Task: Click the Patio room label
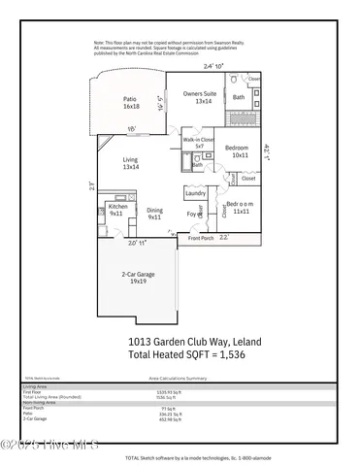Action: tap(131, 102)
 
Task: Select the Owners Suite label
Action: tap(204, 97)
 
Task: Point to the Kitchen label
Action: tap(118, 210)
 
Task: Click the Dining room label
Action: tap(154, 214)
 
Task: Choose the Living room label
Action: tap(130, 164)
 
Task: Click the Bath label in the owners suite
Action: tap(239, 97)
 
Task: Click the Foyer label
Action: tap(191, 214)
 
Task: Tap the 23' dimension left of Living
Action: tap(91, 183)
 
